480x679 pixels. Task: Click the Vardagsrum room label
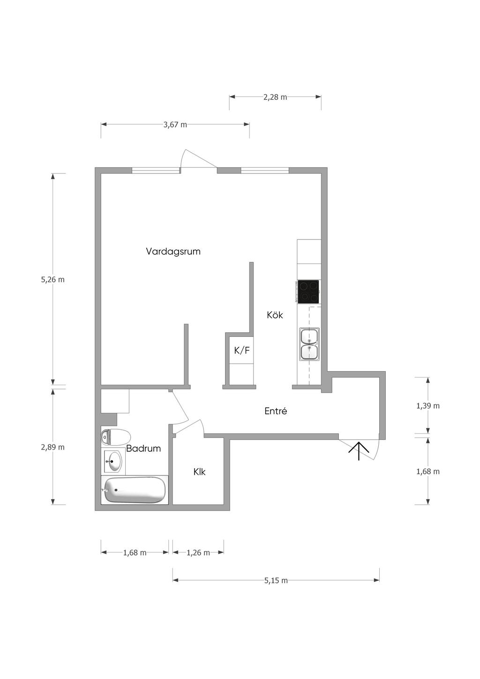coord(173,252)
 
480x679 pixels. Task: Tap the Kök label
coord(275,315)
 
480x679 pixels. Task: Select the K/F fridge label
coord(242,351)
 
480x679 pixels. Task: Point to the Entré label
coord(276,411)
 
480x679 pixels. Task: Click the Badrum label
coord(143,448)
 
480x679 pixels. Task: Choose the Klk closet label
coord(200,472)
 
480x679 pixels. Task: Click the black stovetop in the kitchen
coord(308,291)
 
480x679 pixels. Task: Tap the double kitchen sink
coord(309,344)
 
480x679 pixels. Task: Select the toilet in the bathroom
coord(115,437)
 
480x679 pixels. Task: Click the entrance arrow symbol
coord(359,451)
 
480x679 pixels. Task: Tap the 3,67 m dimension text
coord(175,125)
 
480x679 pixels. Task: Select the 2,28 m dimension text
coord(275,97)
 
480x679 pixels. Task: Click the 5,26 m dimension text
coord(53,279)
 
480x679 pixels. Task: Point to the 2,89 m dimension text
coord(53,447)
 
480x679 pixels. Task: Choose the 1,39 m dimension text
coord(428,406)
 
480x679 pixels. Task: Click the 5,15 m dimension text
coord(276,580)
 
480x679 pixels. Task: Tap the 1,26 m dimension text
coord(198,552)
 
